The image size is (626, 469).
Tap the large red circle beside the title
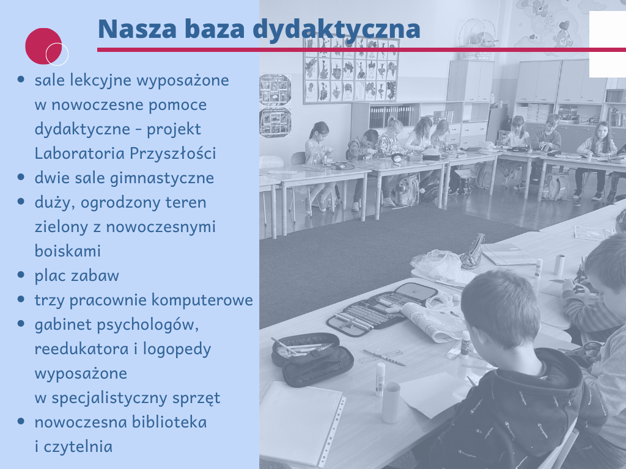click(43, 46)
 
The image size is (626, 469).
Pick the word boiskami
click(67, 251)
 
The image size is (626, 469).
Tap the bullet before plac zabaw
click(21, 274)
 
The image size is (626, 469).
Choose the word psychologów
click(148, 325)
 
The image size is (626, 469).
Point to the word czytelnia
click(78, 446)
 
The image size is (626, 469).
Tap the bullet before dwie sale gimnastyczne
click(21, 176)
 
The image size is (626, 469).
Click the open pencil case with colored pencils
click(381, 308)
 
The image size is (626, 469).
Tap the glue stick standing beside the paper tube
click(380, 379)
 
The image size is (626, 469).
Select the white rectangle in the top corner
click(608, 44)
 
